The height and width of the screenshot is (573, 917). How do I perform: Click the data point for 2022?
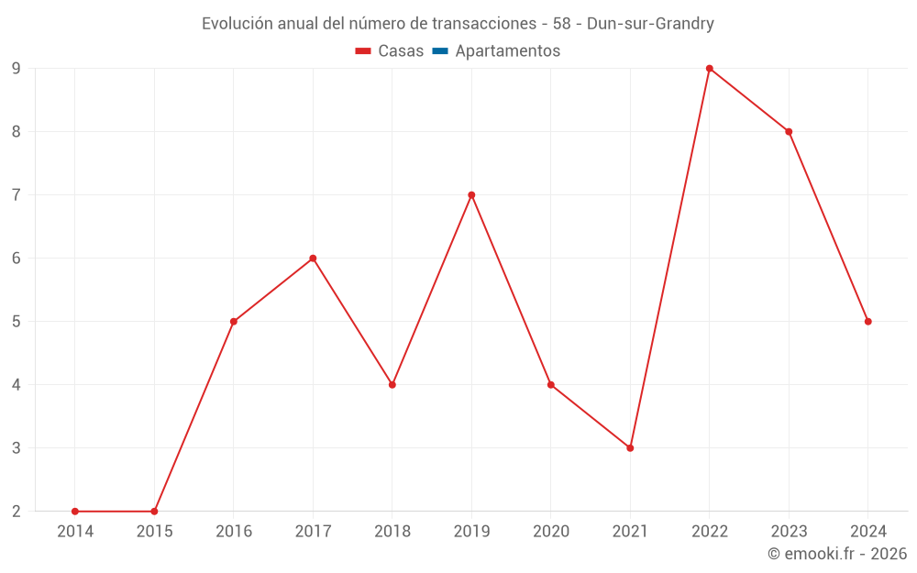click(x=710, y=68)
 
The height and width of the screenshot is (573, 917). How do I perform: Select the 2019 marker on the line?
click(x=471, y=194)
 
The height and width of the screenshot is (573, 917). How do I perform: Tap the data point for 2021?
click(x=630, y=448)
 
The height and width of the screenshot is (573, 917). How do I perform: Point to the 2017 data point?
click(x=313, y=259)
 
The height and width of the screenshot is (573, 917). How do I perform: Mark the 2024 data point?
click(x=868, y=322)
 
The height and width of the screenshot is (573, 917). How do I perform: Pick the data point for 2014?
click(x=75, y=512)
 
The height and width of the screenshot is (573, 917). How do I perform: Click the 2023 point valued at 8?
click(x=789, y=131)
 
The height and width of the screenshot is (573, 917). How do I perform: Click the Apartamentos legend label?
click(x=507, y=51)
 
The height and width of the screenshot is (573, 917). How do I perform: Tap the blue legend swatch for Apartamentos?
click(x=439, y=51)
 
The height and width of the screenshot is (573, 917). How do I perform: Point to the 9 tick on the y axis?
click(x=17, y=68)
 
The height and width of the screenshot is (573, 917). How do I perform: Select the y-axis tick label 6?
click(x=17, y=259)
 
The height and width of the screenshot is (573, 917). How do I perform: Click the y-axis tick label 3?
click(x=17, y=448)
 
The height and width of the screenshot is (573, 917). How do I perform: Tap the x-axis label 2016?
click(x=234, y=532)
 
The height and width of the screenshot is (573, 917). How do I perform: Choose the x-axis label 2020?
click(x=551, y=532)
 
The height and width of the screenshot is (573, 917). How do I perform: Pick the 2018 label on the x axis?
click(x=392, y=532)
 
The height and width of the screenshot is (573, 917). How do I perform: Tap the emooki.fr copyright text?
click(x=837, y=554)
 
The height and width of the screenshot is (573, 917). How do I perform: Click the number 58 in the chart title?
click(x=562, y=24)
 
